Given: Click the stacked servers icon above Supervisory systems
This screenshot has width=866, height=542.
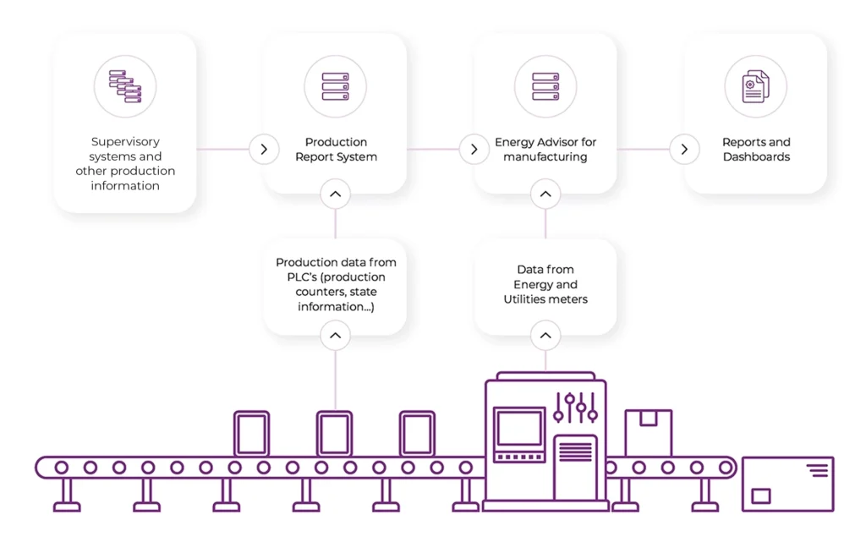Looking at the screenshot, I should (124, 86).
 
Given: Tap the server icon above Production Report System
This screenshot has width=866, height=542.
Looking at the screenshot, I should (335, 86).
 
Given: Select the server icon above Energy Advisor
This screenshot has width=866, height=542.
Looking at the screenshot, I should (545, 86).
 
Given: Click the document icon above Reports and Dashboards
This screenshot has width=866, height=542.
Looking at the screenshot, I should (755, 86).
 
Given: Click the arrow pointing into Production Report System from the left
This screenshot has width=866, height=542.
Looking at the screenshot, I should (264, 150).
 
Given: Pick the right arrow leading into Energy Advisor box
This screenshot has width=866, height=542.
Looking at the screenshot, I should (474, 150).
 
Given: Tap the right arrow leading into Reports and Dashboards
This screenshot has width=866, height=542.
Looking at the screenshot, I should (684, 150).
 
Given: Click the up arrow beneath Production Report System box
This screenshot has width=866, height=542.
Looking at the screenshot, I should (335, 194).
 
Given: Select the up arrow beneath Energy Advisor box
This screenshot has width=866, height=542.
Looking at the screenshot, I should (545, 194).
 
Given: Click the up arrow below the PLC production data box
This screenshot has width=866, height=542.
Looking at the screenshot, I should (335, 337).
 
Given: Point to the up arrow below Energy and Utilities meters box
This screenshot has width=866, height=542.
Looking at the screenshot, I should (545, 337).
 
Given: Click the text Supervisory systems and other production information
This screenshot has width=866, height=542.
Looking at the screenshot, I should (125, 164).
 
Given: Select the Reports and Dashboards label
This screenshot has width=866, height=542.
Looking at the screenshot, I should (756, 150).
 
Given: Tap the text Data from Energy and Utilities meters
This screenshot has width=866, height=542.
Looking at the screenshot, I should (545, 284).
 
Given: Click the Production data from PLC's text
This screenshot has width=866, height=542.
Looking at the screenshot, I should (336, 284).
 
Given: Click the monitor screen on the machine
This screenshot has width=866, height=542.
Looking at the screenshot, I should (519, 429).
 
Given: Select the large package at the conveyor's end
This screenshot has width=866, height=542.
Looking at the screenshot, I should (787, 484).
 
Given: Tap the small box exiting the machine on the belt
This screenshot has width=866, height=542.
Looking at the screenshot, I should (648, 433).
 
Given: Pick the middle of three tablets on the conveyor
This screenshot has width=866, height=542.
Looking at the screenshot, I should (334, 434).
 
